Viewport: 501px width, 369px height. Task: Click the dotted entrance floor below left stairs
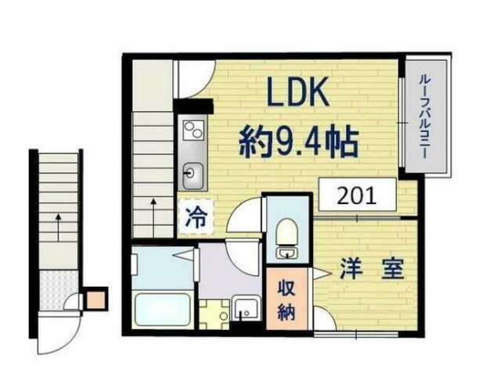pos(58,281)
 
